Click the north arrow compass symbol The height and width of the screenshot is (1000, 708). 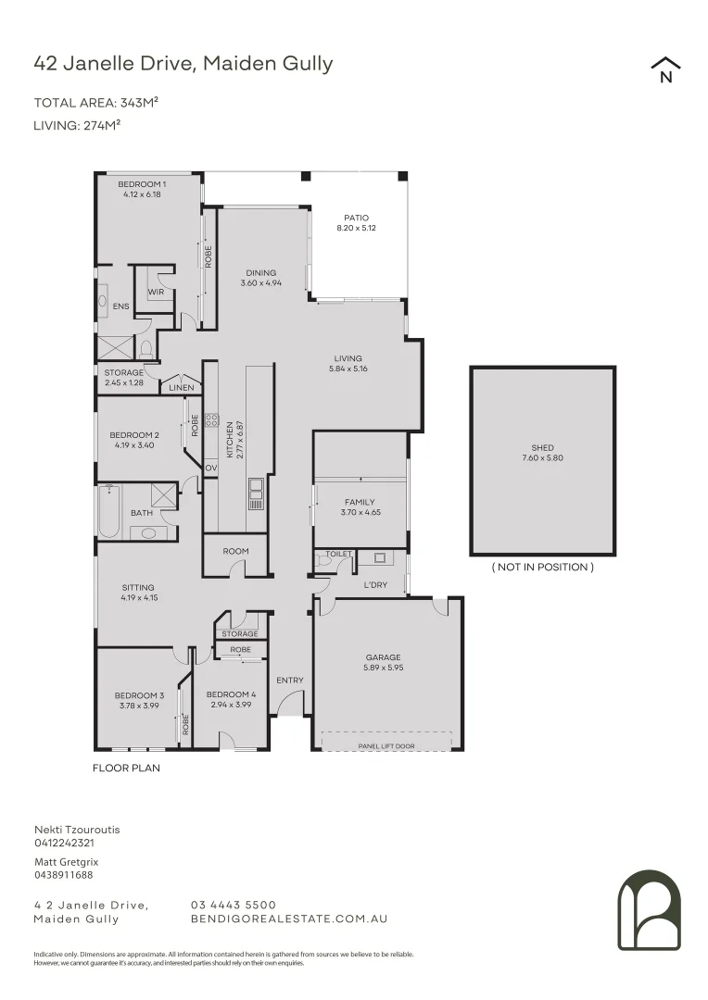(665, 69)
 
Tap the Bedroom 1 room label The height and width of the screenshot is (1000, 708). (142, 184)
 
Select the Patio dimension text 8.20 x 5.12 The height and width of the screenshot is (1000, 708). (356, 228)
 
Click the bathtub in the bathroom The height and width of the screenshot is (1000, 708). (108, 512)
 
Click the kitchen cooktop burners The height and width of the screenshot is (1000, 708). (211, 419)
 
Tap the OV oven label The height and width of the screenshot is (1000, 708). (211, 468)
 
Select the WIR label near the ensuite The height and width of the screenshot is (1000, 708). (156, 292)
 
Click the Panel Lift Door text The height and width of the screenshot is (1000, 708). (386, 746)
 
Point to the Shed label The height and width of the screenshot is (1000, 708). (543, 448)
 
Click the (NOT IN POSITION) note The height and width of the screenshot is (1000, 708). (543, 567)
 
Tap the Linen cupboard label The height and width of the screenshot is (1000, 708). (182, 388)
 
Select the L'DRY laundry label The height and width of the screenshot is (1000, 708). (375, 585)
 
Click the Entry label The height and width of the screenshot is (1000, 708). (290, 681)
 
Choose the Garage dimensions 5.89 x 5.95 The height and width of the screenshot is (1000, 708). (383, 668)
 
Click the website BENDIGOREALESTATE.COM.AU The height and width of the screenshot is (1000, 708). (289, 919)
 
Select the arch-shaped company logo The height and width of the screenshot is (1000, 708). (650, 910)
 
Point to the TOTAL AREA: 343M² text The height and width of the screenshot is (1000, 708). (95, 103)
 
